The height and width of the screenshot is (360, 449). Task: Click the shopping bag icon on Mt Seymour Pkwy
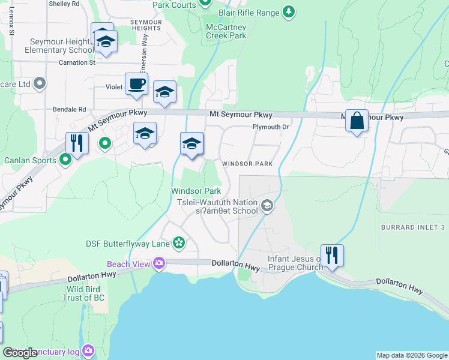point(357,121)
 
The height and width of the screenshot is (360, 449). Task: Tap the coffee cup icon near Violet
point(136,85)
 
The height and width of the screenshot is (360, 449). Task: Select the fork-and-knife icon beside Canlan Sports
point(77,143)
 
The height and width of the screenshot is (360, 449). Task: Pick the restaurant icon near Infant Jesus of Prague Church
point(331,255)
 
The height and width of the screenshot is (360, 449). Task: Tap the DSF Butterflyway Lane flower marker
point(178,242)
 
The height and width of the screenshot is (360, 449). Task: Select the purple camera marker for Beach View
point(159,263)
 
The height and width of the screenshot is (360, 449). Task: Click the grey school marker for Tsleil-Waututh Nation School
point(267,206)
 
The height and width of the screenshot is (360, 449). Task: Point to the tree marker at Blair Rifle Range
point(289,11)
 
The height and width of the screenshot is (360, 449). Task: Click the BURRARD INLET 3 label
point(413,227)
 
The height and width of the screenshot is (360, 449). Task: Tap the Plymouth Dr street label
point(271,127)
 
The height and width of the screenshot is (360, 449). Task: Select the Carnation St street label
point(77,62)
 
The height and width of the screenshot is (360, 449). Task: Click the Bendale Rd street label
point(69,110)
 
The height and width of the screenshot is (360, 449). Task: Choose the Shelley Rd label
point(64,4)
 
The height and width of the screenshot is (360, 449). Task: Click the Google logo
point(20,353)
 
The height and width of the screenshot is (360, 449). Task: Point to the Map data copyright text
point(411,355)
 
